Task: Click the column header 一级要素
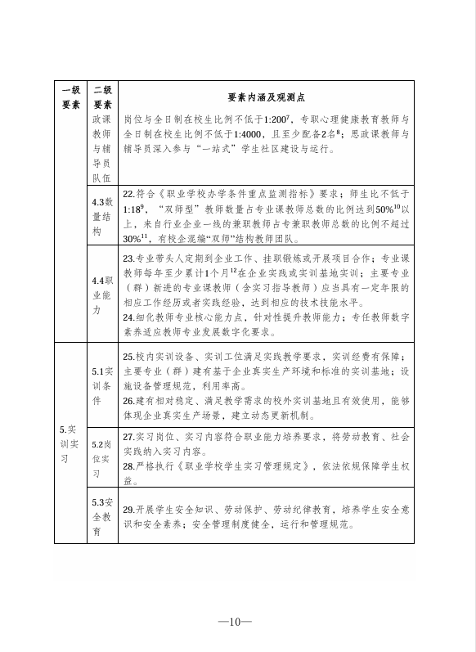point(70,97)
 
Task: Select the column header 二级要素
point(102,97)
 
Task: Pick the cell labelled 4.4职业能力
point(102,283)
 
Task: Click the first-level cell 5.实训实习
point(70,443)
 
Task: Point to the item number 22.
point(128,194)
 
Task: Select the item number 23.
point(128,256)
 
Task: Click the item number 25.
point(128,357)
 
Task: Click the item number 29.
point(128,509)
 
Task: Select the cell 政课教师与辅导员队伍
point(102,146)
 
